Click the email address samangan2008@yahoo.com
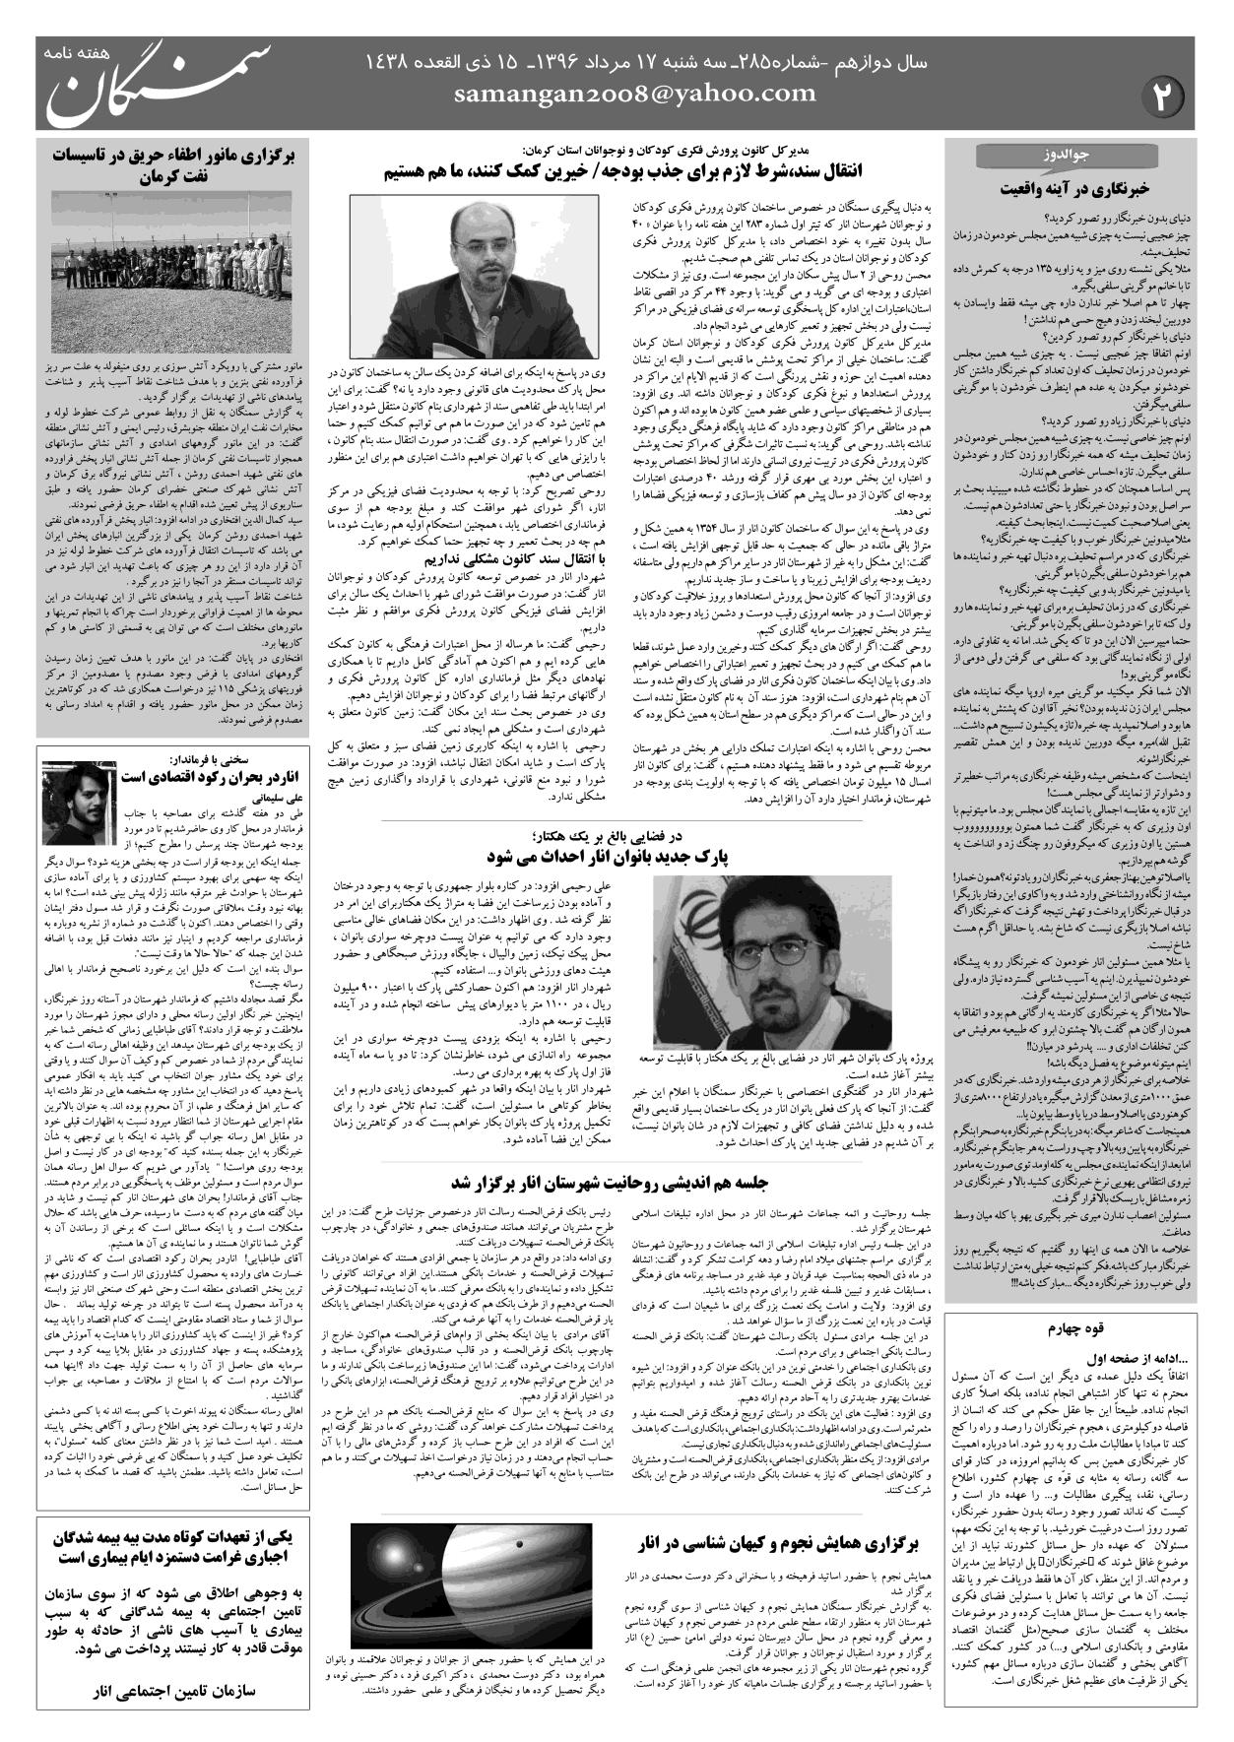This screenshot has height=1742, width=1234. click(x=636, y=95)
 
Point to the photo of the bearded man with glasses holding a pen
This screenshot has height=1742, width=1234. click(x=474, y=276)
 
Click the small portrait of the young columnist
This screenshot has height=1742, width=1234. click(x=74, y=803)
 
